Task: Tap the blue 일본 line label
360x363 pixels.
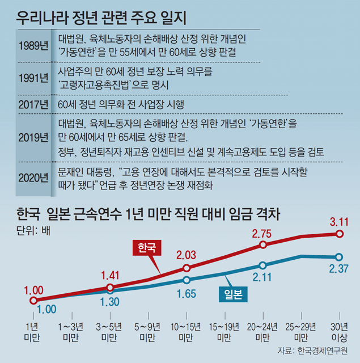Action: click(233, 293)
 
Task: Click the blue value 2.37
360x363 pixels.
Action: click(338, 268)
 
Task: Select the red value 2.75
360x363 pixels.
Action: click(263, 233)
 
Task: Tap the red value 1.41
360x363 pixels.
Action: click(111, 276)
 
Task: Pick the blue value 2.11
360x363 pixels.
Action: click(263, 278)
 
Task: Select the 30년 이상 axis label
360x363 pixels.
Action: click(338, 332)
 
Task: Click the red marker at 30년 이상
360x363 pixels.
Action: click(339, 234)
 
